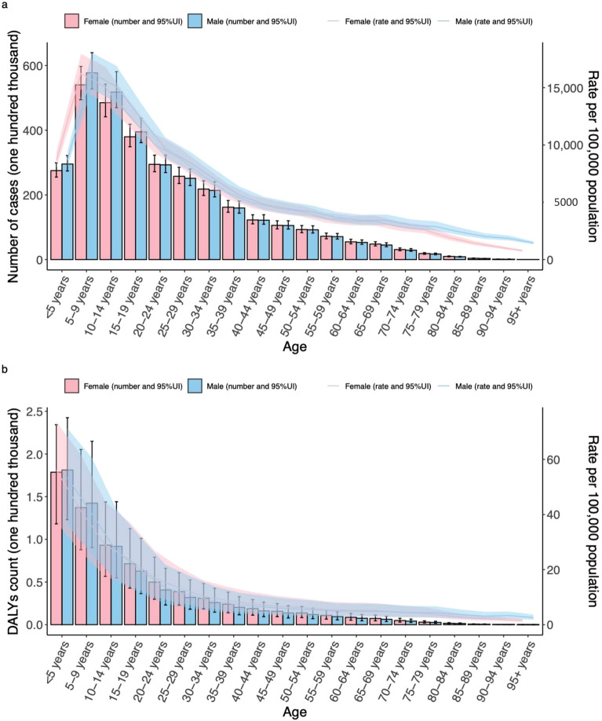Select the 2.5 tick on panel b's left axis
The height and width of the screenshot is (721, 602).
tap(35, 412)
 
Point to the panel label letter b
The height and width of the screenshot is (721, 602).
tap(6, 366)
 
